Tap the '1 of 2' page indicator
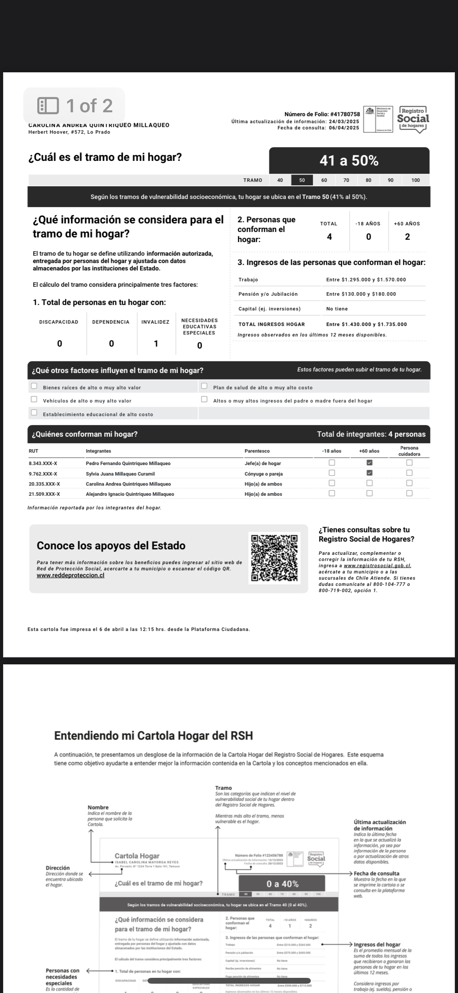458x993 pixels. [x=75, y=106]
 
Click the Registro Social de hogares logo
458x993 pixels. [x=413, y=119]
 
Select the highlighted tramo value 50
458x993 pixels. [x=302, y=180]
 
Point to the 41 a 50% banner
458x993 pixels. [x=349, y=160]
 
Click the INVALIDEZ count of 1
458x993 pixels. [x=156, y=343]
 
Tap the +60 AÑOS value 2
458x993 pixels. [x=407, y=237]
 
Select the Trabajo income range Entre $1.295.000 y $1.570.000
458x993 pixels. [x=366, y=280]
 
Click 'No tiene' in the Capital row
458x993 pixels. [x=337, y=309]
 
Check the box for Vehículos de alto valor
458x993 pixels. [x=34, y=399]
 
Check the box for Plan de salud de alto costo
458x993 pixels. [x=204, y=386]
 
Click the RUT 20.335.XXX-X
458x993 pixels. [x=44, y=484]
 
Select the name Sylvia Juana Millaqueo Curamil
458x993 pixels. [x=120, y=474]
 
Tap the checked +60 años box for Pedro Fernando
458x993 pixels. [x=369, y=462]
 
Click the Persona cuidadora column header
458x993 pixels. [x=409, y=451]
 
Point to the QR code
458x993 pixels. [x=274, y=558]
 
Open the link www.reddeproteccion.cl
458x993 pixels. [x=70, y=575]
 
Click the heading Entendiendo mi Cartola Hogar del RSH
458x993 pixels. [x=153, y=736]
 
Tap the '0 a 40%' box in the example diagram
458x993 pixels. [x=282, y=884]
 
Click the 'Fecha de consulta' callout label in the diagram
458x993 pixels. [x=377, y=874]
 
